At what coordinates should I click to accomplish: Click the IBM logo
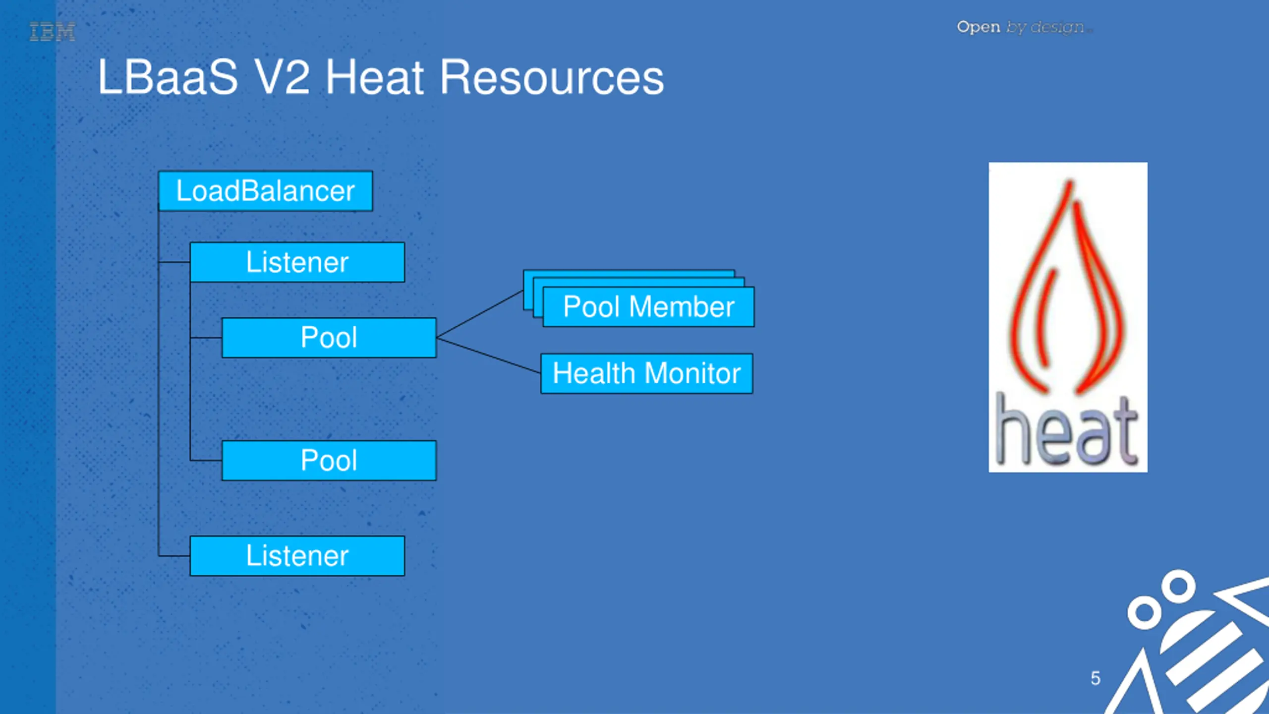pos(53,32)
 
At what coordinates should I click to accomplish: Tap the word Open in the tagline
pos(978,27)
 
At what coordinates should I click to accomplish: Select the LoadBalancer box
pos(265,191)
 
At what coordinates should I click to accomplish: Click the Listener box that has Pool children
pos(297,262)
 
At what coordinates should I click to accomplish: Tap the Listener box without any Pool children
pos(297,556)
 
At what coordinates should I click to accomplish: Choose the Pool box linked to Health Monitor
pos(329,338)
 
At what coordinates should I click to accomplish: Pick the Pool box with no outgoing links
pos(329,461)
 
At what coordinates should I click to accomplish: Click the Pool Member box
pos(648,307)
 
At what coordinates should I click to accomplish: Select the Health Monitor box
pos(646,373)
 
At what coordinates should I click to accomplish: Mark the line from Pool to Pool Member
pos(480,314)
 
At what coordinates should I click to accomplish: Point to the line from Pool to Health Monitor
pos(488,355)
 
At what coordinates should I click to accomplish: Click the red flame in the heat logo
pos(1066,288)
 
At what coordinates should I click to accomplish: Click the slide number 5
pos(1096,678)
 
